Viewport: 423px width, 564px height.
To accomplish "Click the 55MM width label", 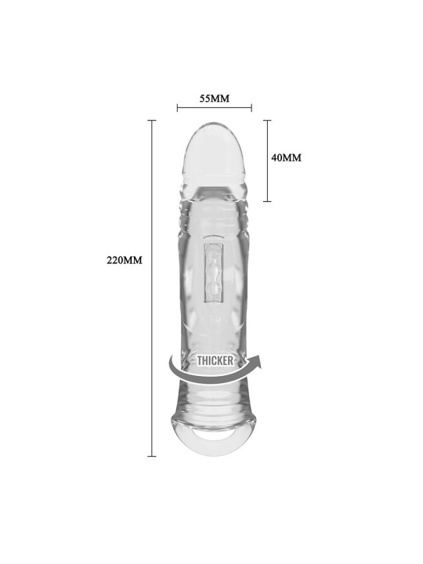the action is tap(215, 98).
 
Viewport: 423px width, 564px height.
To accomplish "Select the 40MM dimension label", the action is tap(287, 157).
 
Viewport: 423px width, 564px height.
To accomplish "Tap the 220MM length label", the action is tap(125, 260).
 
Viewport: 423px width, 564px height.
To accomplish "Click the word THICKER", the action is tap(215, 360).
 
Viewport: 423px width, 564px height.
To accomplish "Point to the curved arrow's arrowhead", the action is tap(256, 361).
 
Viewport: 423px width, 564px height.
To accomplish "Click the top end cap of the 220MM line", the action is tap(152, 120).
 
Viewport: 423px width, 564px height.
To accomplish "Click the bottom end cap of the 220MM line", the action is tap(152, 456).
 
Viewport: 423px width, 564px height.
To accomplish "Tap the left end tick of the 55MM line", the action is tap(177, 107).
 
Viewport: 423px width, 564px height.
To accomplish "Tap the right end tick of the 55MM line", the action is tap(251, 107).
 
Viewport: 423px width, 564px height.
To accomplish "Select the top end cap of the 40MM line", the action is tap(267, 120).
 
